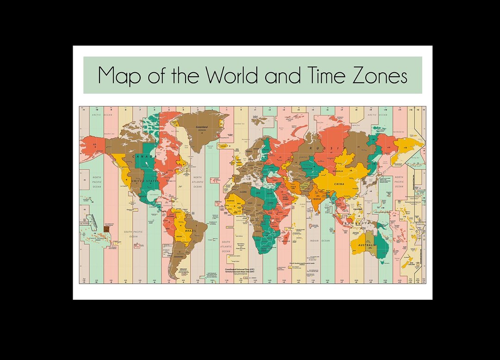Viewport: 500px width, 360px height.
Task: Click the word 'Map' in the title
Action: [x=120, y=76]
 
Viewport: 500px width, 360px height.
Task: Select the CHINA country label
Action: [x=339, y=184]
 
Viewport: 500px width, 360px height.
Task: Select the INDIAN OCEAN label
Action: [x=320, y=241]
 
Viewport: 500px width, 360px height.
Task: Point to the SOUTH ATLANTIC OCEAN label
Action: [x=225, y=246]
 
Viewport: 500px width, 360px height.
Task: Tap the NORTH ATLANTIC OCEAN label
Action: [x=198, y=182]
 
